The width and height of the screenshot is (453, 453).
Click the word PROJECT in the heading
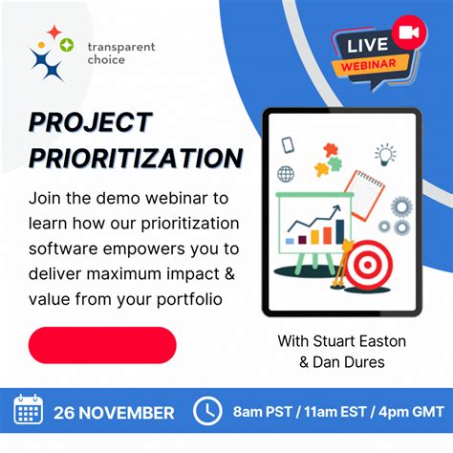click(x=91, y=123)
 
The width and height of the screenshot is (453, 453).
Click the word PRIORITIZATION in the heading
click(x=135, y=156)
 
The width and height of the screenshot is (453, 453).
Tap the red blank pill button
click(x=102, y=345)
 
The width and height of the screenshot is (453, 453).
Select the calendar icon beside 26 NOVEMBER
click(x=29, y=411)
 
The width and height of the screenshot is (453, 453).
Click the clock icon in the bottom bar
click(x=207, y=411)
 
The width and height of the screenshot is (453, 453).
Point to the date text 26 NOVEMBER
click(x=114, y=413)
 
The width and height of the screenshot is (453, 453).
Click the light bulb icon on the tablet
click(x=385, y=154)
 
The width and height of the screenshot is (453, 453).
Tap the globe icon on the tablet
click(x=286, y=174)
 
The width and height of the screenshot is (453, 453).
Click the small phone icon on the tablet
click(x=288, y=145)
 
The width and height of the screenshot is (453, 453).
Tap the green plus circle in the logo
click(x=66, y=44)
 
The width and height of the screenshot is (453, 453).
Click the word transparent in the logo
click(x=120, y=46)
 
